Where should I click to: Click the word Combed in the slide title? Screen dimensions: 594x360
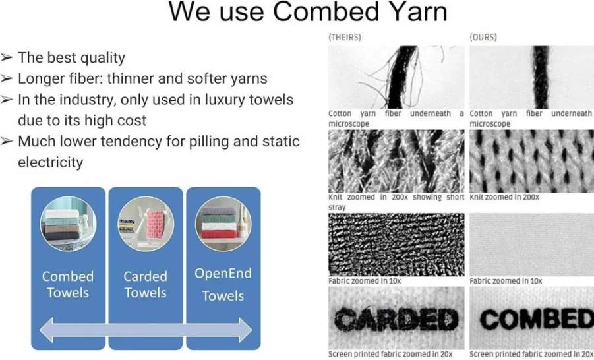[x=326, y=13]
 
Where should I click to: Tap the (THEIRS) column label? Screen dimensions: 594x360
[x=345, y=37]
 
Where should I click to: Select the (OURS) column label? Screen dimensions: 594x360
[x=483, y=37]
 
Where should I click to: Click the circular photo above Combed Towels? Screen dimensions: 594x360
[x=68, y=224]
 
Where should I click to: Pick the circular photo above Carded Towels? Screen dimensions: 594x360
[x=146, y=224]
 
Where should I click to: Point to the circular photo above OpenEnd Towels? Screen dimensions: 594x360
[x=223, y=224]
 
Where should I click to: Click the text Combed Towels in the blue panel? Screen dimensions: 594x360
[x=68, y=284]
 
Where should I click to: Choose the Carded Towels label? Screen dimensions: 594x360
[x=146, y=284]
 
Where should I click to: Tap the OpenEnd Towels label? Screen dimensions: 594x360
[x=223, y=284]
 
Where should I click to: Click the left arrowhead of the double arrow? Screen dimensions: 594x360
[x=46, y=330]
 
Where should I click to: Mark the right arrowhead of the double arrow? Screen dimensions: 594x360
[x=245, y=330]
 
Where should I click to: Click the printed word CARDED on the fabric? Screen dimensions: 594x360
[x=396, y=318]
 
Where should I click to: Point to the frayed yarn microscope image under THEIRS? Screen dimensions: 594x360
[x=396, y=77]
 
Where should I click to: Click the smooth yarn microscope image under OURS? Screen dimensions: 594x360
[x=532, y=77]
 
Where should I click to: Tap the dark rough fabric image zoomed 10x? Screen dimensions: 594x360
[x=396, y=245]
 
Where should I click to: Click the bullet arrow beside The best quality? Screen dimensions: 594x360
[x=7, y=57]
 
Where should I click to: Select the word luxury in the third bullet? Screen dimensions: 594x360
[x=225, y=100]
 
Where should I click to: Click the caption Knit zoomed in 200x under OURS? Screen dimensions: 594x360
[x=504, y=197]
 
